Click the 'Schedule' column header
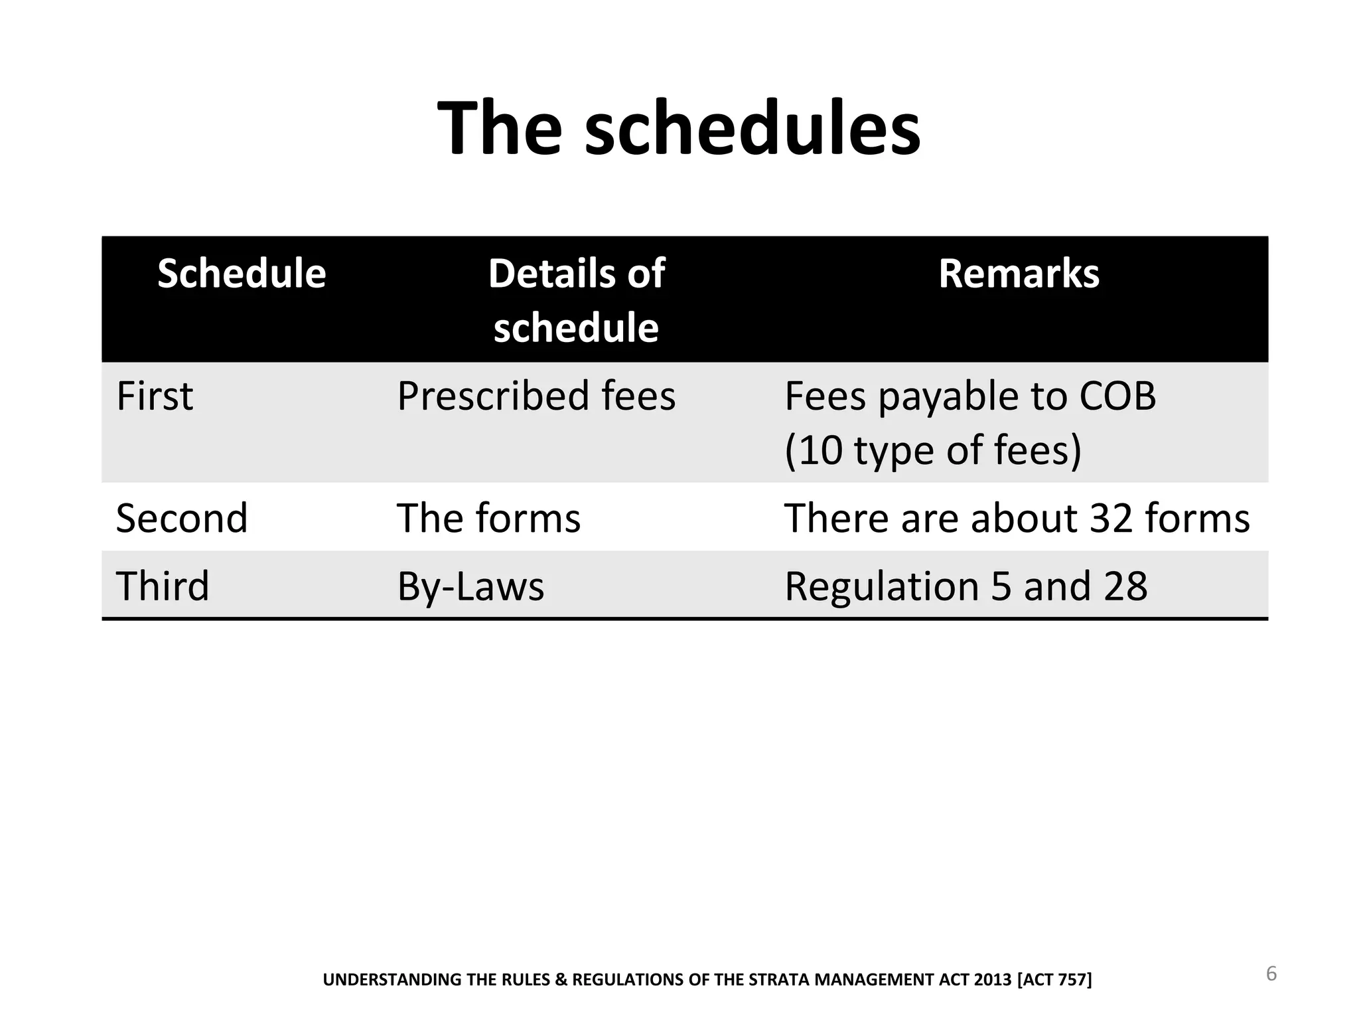click(242, 274)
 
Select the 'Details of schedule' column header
click(576, 300)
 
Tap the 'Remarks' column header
click(1019, 274)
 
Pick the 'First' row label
click(155, 396)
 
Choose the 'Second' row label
click(182, 518)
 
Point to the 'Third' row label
click(163, 586)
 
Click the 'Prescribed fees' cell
click(536, 396)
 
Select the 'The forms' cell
click(488, 518)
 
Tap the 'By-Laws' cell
click(470, 586)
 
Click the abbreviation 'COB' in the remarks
click(1117, 396)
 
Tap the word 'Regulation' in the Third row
click(882, 586)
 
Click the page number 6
click(1271, 974)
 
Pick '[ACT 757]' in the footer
click(1054, 979)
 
